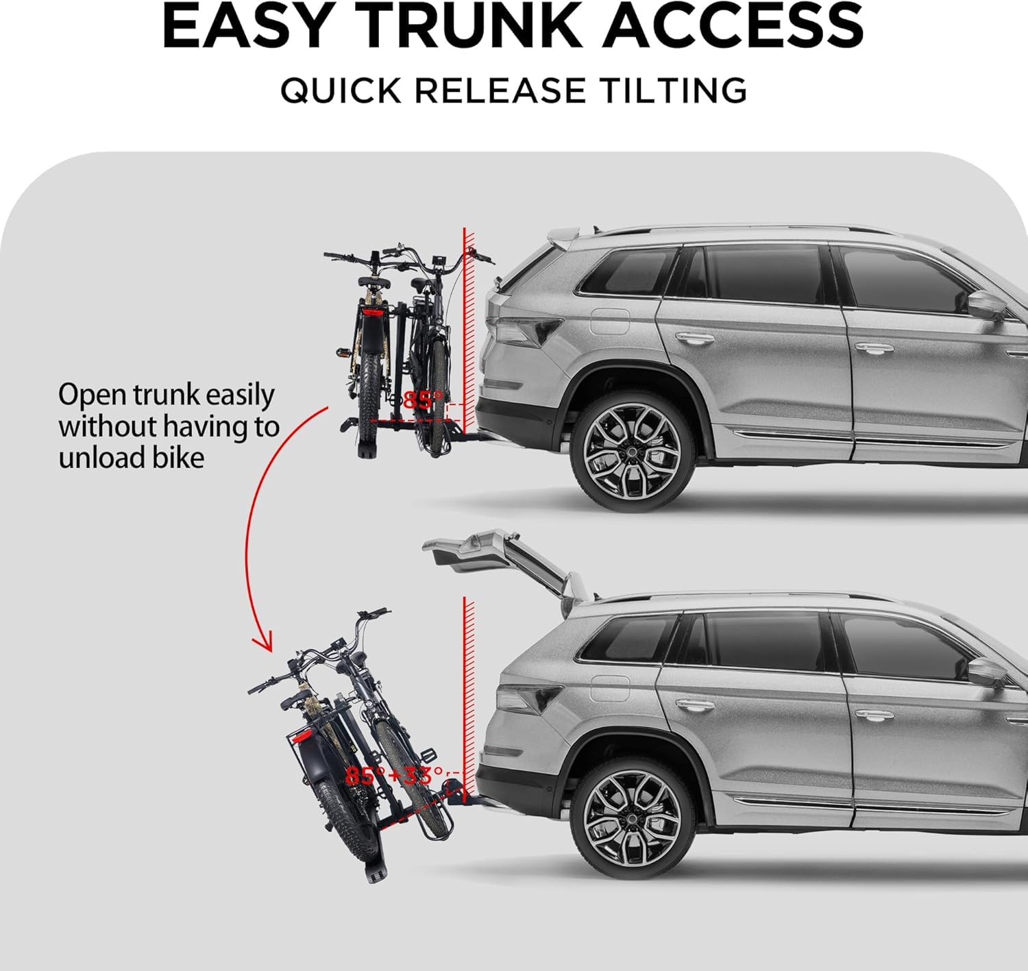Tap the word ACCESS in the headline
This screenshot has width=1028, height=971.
click(733, 26)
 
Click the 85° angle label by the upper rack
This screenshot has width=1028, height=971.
click(422, 400)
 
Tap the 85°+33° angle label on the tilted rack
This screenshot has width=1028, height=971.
click(394, 776)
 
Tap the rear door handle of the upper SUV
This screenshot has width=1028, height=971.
click(694, 338)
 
